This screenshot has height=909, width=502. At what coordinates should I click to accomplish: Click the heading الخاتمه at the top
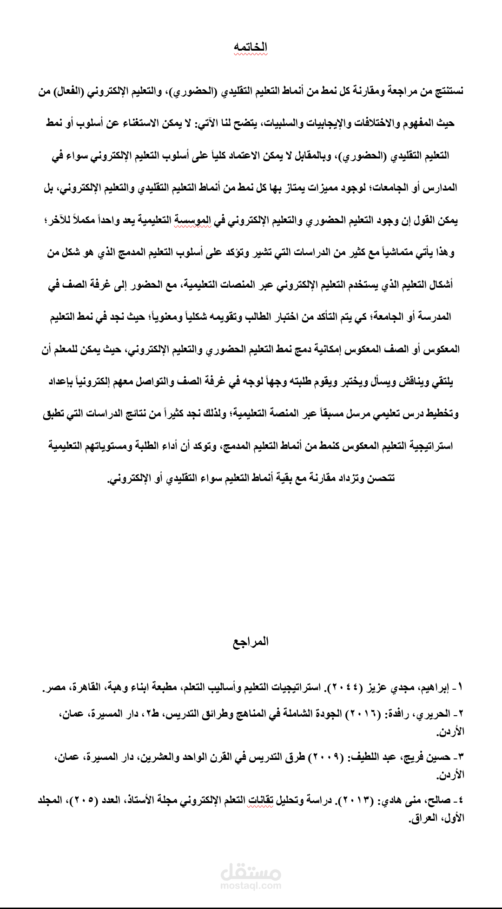point(251,47)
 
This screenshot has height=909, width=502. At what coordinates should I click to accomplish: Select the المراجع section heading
point(251,642)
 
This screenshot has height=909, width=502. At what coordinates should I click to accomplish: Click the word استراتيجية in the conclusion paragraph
point(432,446)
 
